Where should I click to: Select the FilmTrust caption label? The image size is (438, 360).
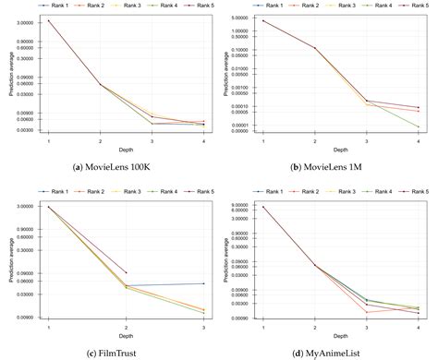116,352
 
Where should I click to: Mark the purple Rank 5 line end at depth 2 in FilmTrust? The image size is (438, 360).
126,272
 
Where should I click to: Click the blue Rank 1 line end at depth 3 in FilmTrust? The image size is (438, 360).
203,283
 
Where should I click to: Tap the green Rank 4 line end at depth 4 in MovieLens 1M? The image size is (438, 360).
418,126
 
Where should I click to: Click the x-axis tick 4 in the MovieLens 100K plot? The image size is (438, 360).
203,139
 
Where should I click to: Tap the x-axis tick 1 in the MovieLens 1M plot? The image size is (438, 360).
263,139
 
